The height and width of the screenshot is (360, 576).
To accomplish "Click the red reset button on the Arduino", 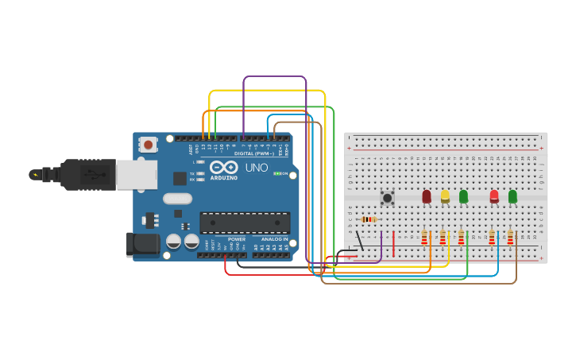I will (x=148, y=145).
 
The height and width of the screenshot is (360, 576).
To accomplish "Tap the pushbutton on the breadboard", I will (x=388, y=197).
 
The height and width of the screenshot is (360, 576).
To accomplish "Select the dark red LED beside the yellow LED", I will (x=427, y=195).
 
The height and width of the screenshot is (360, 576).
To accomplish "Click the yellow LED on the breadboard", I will (x=445, y=195).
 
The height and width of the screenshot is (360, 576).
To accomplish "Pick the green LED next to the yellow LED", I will (x=463, y=195).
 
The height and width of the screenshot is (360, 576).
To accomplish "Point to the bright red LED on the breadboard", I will (x=494, y=195).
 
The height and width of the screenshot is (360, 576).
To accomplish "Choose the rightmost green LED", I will (x=512, y=195).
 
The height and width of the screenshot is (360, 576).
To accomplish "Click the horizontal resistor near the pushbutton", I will (x=368, y=219).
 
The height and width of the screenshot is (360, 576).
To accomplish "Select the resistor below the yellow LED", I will (x=443, y=237).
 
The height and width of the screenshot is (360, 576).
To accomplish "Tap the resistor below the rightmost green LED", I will (x=510, y=237).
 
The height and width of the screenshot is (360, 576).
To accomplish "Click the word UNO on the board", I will (x=257, y=168).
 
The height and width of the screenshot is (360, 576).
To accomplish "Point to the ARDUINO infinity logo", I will (x=224, y=168).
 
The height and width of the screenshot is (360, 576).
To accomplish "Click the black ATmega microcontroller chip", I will (x=244, y=223).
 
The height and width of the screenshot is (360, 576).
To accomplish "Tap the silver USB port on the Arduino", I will (x=136, y=175).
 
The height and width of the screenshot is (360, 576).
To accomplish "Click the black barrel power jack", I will (x=143, y=244).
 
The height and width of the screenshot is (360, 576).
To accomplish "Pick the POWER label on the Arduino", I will (x=237, y=239).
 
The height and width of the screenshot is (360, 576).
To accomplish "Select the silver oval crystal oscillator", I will (x=177, y=199).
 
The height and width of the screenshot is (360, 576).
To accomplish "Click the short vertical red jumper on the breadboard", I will (x=393, y=244).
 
